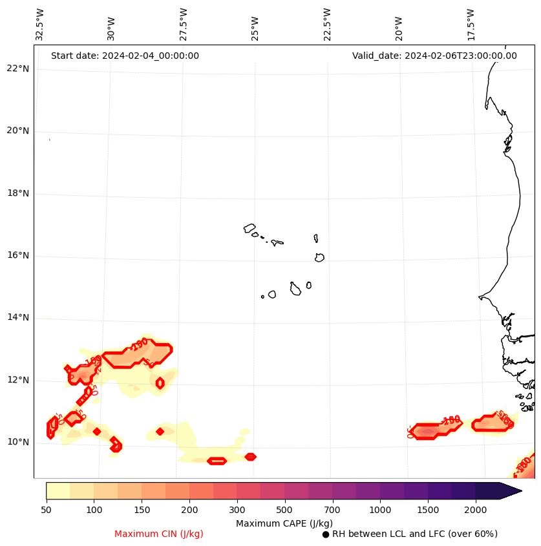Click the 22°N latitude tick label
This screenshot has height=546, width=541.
tap(17, 68)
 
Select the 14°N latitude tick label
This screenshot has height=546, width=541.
tap(17, 317)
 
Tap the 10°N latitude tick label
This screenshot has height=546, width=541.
tap(17, 442)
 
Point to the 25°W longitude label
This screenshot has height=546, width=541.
tap(255, 25)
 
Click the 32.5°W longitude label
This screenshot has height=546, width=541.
tap(40, 25)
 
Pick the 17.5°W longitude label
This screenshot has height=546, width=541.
tap(471, 25)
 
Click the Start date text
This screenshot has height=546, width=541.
tap(125, 56)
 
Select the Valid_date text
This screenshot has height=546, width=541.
tap(434, 56)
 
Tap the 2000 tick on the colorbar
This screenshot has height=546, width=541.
tap(476, 510)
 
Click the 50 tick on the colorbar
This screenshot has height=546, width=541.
tap(46, 510)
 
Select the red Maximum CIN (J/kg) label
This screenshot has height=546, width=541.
tap(159, 534)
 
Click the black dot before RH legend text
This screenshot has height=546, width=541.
tap(326, 534)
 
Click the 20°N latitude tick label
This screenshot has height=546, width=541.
tap(17, 131)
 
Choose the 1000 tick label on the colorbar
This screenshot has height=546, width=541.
tap(380, 510)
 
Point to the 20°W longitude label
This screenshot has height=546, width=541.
tap(399, 25)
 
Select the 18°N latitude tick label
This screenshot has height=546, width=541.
tap(17, 193)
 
